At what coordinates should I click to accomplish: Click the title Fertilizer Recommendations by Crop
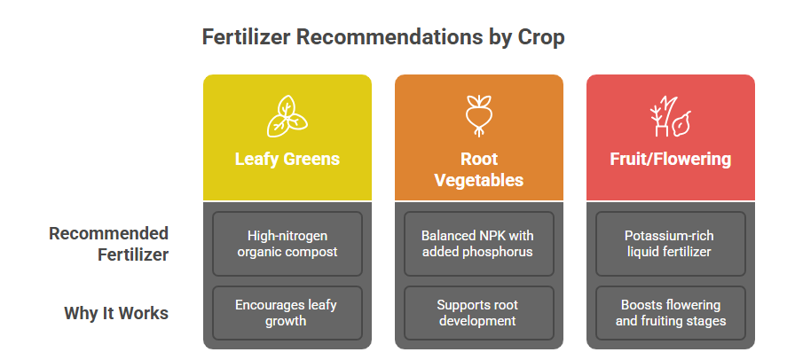[383, 37]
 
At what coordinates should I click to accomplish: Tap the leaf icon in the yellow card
[287, 116]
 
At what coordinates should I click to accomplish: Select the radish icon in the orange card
[479, 116]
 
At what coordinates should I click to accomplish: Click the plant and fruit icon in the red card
[671, 116]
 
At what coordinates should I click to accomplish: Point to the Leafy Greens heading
[287, 159]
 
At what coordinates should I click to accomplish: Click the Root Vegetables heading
[479, 169]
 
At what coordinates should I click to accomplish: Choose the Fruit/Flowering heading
[671, 159]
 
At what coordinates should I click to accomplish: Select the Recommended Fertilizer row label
[109, 244]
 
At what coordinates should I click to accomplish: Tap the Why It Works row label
[116, 313]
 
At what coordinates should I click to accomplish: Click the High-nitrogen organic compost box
[287, 244]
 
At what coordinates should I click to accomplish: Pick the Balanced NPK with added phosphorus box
[479, 244]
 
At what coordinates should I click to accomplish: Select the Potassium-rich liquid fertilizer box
[671, 244]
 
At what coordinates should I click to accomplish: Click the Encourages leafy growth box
[287, 313]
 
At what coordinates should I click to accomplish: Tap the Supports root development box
[479, 313]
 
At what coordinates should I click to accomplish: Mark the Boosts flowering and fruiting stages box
[671, 313]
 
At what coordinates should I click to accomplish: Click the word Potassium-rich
[669, 236]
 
